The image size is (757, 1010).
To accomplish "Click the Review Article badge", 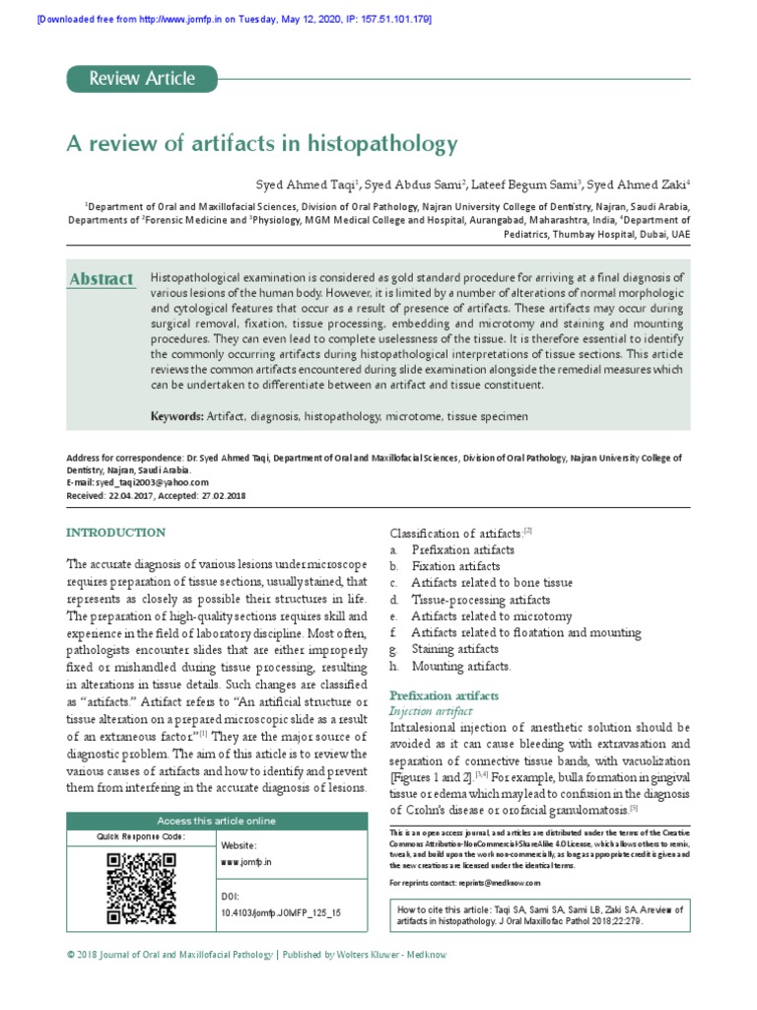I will [142, 79].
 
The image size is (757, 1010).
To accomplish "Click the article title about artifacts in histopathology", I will [261, 144].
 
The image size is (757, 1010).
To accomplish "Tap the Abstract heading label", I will [101, 280].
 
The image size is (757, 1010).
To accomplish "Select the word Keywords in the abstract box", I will [176, 417].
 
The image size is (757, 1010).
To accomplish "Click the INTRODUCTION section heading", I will [115, 533].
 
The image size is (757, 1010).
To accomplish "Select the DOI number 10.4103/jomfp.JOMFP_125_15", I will [282, 913].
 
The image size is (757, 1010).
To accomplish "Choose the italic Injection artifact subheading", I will [431, 711].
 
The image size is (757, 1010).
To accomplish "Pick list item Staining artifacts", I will [454, 650].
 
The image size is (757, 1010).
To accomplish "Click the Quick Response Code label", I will [140, 836].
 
